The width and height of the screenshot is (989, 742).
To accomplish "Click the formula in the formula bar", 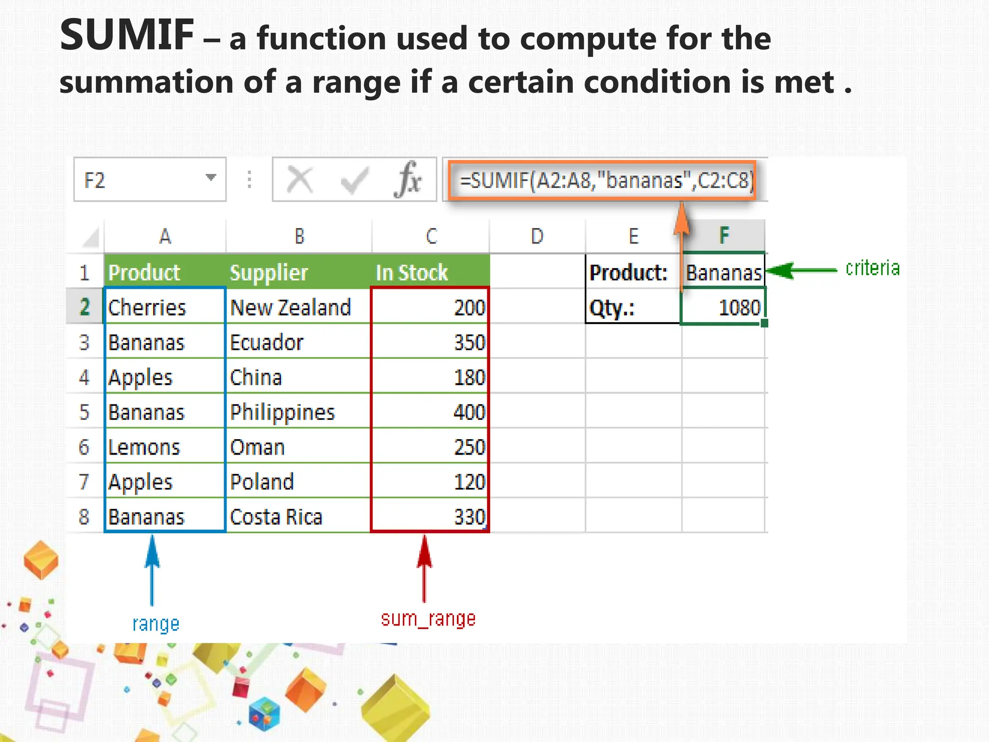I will pos(606,181).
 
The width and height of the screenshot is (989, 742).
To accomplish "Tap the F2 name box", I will pos(150,180).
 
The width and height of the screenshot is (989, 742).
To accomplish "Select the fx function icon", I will pos(408,180).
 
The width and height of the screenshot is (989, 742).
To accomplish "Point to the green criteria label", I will pos(872,268).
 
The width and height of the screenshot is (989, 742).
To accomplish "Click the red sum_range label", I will pos(428,619).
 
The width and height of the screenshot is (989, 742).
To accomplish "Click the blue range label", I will pos(155,624).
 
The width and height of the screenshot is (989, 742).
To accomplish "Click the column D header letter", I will pos(537,236).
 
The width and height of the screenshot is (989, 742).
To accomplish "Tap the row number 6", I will pos(84,447).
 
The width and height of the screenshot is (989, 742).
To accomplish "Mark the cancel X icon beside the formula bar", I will pos(299,180).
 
